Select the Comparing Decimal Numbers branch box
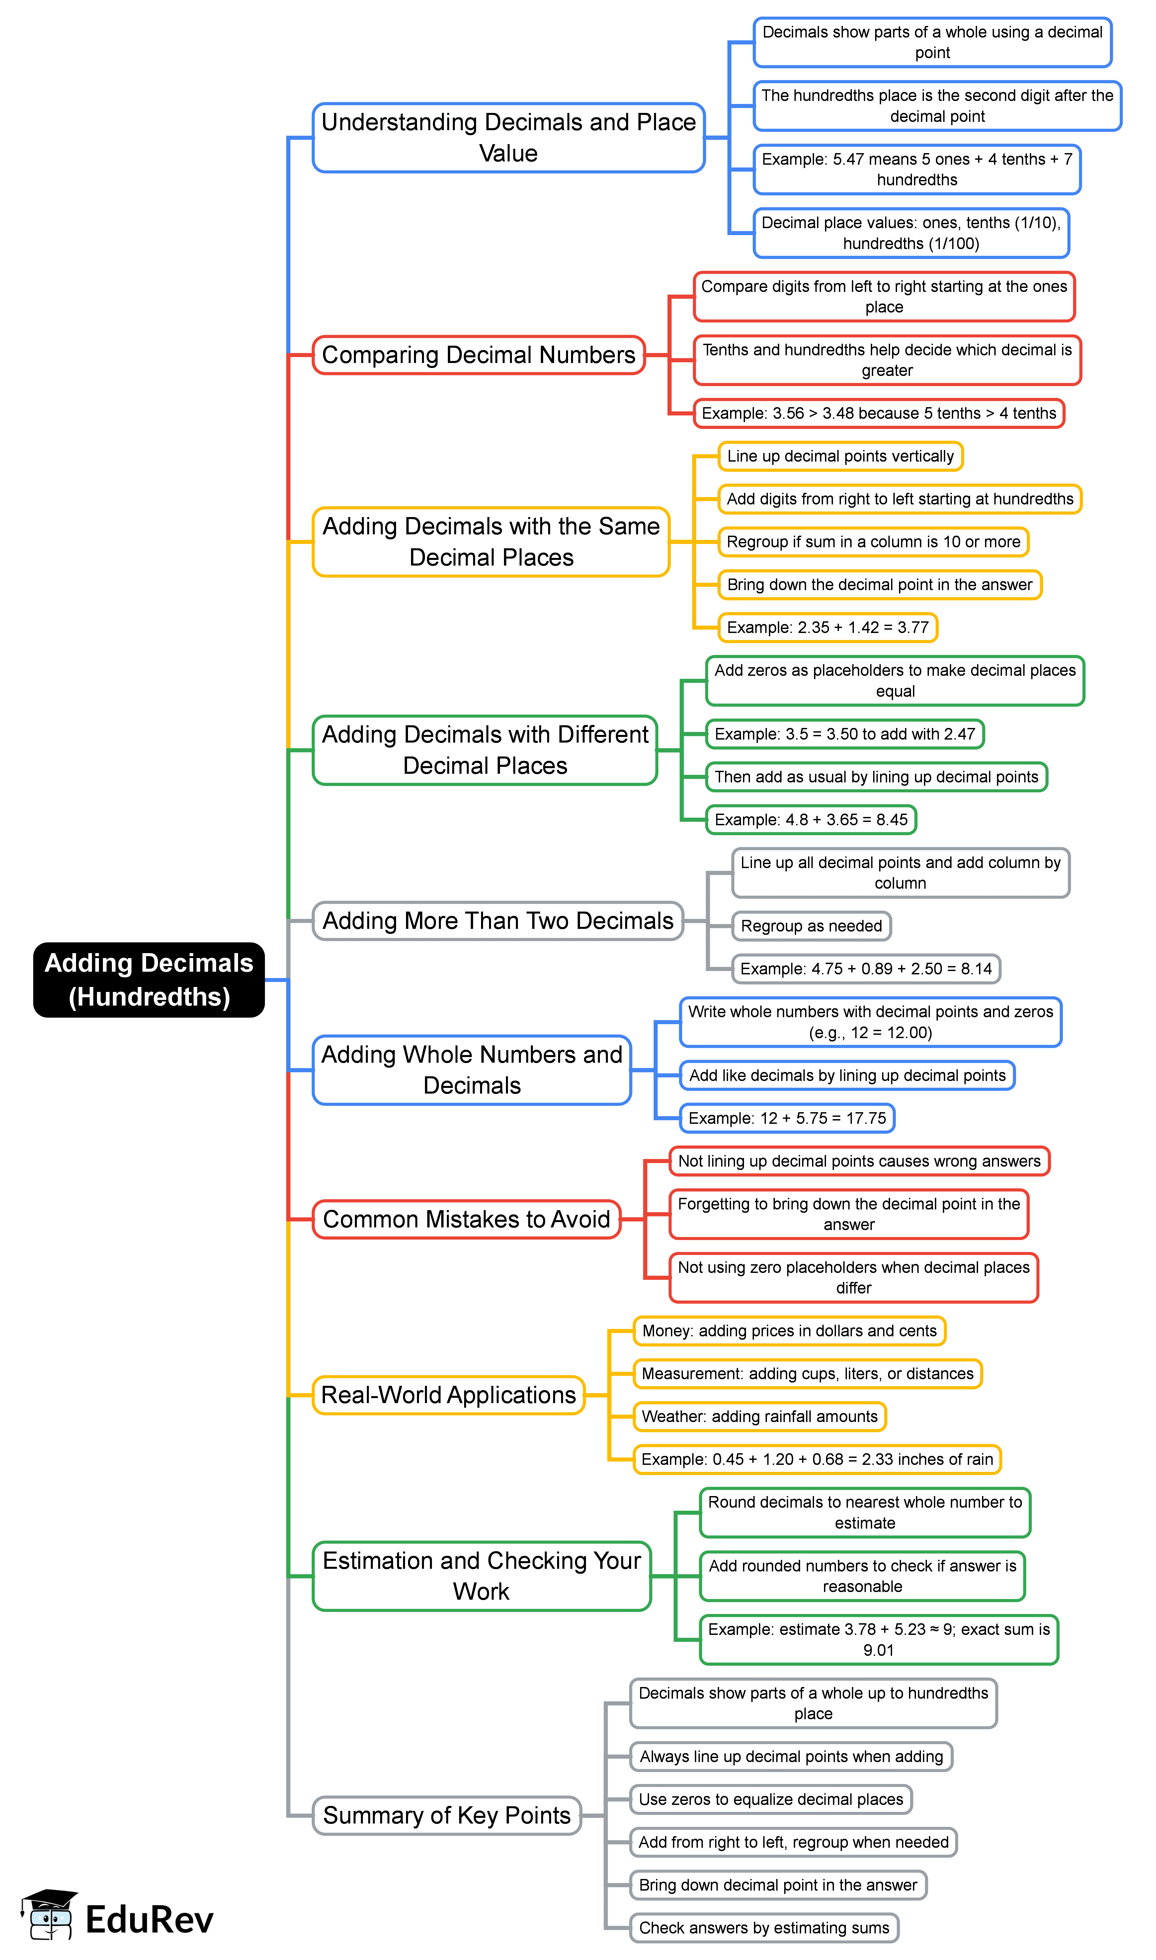(478, 355)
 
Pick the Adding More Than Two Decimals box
(498, 921)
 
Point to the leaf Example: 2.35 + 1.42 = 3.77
(827, 627)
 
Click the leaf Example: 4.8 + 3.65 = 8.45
(811, 820)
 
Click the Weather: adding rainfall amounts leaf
(760, 1416)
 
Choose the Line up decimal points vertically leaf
(840, 457)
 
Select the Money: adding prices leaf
(789, 1331)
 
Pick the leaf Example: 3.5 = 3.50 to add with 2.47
(844, 734)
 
